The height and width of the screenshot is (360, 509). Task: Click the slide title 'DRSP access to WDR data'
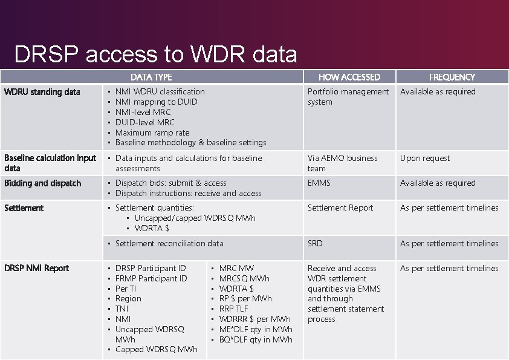coord(155,55)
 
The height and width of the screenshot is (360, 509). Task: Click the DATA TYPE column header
coord(151,77)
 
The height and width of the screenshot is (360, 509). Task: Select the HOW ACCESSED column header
coord(349,77)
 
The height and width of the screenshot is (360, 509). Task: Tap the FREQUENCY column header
coord(452,77)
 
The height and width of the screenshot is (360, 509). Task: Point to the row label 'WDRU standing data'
coord(42,92)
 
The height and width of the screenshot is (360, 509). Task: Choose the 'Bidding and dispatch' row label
coord(42,183)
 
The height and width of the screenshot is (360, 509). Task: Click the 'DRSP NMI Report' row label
coord(37,268)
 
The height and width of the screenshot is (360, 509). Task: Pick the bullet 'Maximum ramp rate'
coord(152,133)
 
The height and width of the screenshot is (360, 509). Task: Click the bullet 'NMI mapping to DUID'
coord(156,102)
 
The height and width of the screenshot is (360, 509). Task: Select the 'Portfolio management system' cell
coord(348,97)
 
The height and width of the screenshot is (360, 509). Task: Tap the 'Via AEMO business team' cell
coord(342,163)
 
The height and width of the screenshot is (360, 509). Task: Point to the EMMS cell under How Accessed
coord(319,183)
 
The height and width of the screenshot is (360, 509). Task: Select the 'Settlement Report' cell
coord(340,208)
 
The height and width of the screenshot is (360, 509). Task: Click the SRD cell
coord(315,243)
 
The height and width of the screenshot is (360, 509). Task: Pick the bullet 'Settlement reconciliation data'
coord(169,243)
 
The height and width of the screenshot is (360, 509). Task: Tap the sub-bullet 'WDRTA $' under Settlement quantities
coord(152,228)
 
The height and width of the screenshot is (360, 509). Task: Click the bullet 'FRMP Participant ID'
coord(151,278)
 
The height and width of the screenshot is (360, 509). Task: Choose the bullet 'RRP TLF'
coord(233,309)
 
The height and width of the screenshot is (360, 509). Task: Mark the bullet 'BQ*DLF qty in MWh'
coord(255,339)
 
